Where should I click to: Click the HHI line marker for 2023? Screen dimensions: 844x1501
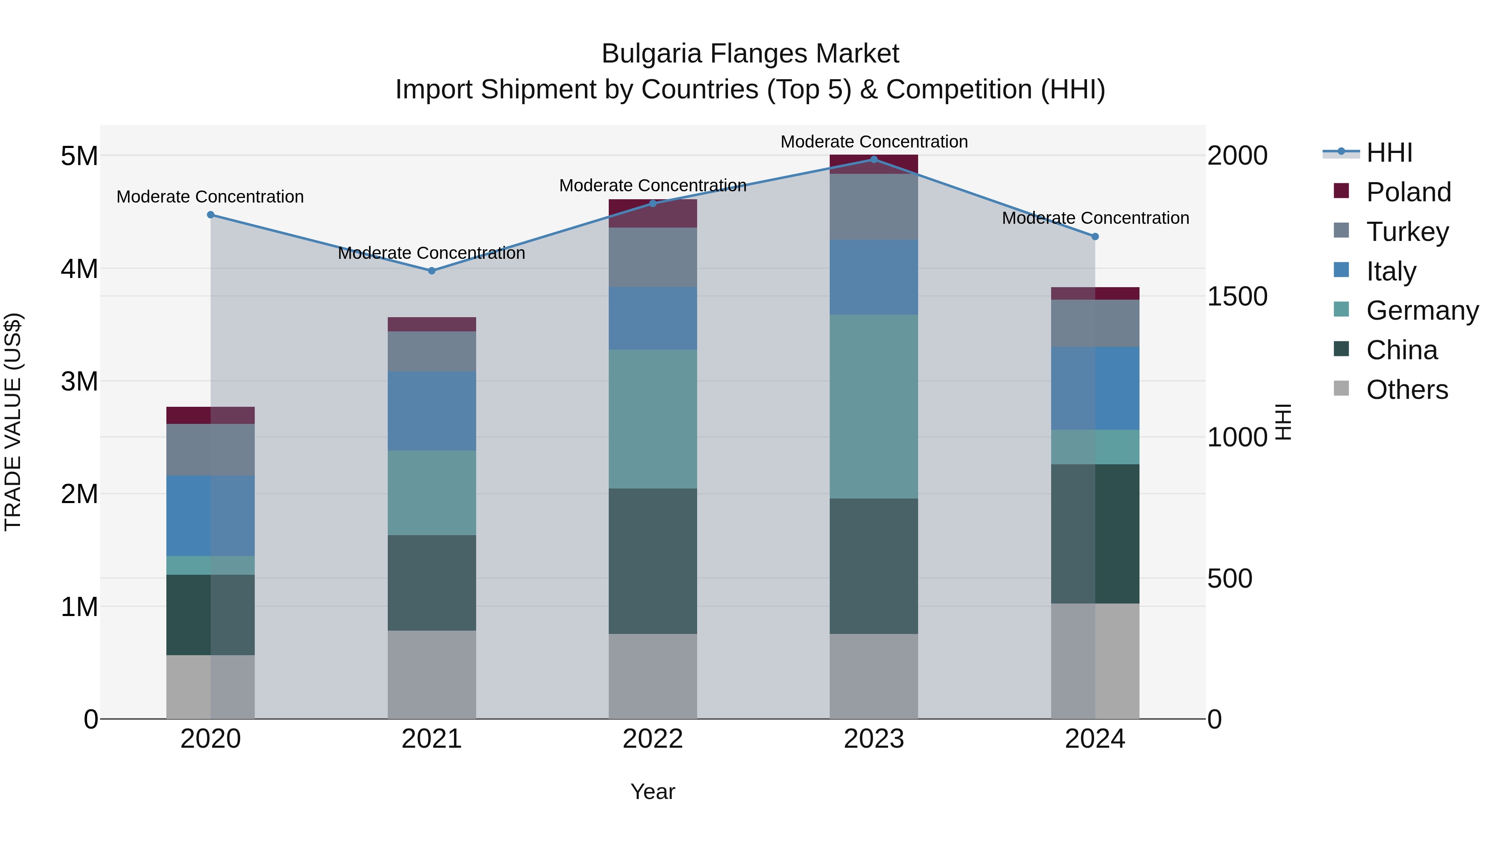click(x=873, y=159)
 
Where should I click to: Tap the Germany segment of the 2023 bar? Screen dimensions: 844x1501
click(x=873, y=406)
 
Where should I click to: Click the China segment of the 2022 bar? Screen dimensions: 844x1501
click(x=653, y=561)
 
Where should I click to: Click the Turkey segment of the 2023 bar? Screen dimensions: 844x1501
click(x=873, y=207)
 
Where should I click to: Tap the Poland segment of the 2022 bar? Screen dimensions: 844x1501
click(x=653, y=213)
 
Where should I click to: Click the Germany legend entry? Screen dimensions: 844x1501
click(x=1422, y=311)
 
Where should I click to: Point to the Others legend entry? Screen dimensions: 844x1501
click(x=1407, y=390)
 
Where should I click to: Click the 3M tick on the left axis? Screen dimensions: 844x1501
click(x=79, y=381)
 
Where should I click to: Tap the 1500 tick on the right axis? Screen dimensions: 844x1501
click(x=1237, y=296)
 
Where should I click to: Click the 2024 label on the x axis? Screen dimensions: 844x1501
click(x=1095, y=739)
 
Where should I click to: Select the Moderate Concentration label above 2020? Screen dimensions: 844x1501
click(x=211, y=197)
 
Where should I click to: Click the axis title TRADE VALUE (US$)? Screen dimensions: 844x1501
click(x=13, y=422)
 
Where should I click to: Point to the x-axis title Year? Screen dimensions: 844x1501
click(x=653, y=791)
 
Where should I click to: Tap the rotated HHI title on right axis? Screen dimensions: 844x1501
click(x=1283, y=422)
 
